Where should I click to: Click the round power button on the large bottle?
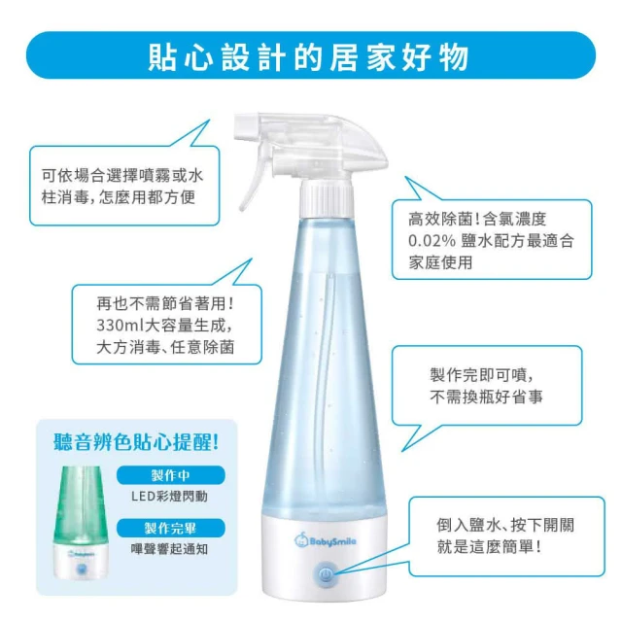(x=325, y=573)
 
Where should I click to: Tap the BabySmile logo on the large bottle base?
(x=325, y=540)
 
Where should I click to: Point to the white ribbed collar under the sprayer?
(x=326, y=198)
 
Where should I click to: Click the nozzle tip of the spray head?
(x=246, y=127)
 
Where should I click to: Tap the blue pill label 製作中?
(x=171, y=475)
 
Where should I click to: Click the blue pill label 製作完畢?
(x=171, y=528)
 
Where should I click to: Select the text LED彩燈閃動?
(x=169, y=496)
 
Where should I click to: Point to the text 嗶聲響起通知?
(x=169, y=549)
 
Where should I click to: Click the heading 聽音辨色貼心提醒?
(x=136, y=442)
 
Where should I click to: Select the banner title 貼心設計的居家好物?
(x=309, y=56)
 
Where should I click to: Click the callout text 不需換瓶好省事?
(x=486, y=397)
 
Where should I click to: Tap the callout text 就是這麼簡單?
(x=489, y=547)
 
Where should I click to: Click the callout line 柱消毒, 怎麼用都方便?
(x=119, y=196)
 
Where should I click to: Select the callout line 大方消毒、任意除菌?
(x=165, y=347)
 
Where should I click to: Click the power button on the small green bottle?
(x=81, y=569)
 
